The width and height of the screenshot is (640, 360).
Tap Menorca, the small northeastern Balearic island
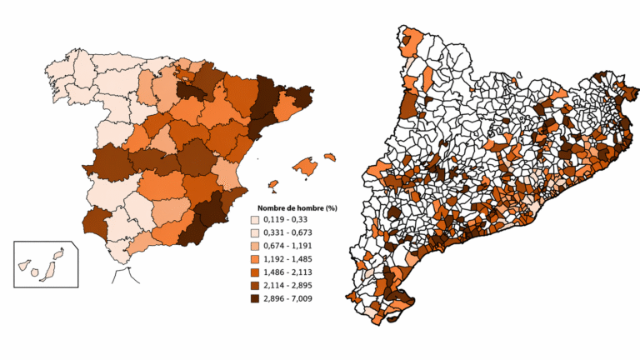pyautogui.click(x=329, y=156)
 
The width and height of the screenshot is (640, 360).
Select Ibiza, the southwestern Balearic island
pyautogui.click(x=273, y=184)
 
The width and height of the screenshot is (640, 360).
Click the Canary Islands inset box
pyautogui.click(x=46, y=264)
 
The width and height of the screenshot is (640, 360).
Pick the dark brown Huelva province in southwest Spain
pyautogui.click(x=98, y=222)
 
